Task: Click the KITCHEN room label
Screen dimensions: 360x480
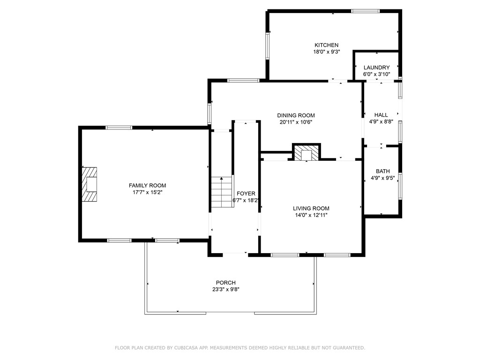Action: [x=326, y=45]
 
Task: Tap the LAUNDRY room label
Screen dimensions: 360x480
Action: [x=376, y=67]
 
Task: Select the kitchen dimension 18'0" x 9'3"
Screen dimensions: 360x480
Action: [x=326, y=52]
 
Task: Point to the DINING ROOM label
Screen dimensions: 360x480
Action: [x=296, y=115]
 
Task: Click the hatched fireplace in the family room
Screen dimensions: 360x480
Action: [x=90, y=184]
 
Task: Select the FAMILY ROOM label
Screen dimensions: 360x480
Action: [x=148, y=186]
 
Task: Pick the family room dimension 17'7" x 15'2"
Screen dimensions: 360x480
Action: [x=148, y=192]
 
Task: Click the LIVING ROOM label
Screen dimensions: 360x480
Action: [x=311, y=209]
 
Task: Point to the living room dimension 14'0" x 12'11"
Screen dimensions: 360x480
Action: [x=311, y=215]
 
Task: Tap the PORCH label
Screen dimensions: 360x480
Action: [x=225, y=283]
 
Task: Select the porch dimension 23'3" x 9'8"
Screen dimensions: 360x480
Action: [x=225, y=289]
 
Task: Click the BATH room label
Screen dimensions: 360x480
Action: [x=382, y=172]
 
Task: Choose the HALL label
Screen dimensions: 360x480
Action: [x=381, y=115]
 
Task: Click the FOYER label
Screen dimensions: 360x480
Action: [x=246, y=194]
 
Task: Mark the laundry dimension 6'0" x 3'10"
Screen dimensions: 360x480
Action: [x=376, y=74]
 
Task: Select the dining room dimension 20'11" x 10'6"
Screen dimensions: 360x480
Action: [x=296, y=122]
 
